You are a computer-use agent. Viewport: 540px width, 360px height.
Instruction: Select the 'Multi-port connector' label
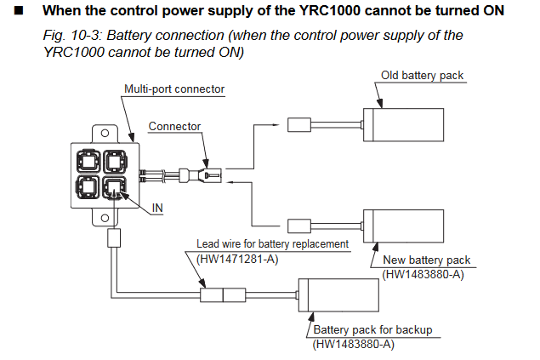[x=173, y=89]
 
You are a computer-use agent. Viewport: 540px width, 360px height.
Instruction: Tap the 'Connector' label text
[x=174, y=126]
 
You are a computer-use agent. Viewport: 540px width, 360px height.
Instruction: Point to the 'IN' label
[x=157, y=208]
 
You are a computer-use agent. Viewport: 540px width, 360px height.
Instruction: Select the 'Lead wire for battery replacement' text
[x=273, y=243]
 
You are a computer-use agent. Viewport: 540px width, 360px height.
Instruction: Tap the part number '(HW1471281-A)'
[x=236, y=257]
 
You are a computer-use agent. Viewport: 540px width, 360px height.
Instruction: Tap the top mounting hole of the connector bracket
[x=100, y=134]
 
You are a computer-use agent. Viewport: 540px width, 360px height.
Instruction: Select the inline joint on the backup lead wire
[x=222, y=296]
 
